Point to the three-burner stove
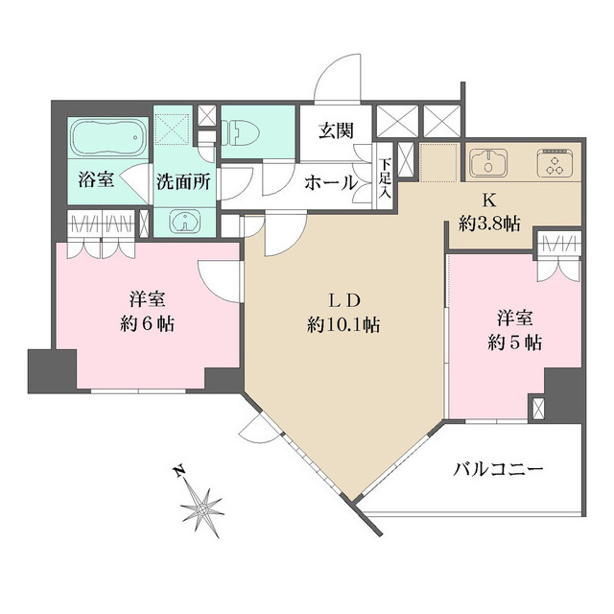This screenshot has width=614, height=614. (555, 163)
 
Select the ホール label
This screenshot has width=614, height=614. (331, 182)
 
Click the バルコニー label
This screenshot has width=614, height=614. (498, 470)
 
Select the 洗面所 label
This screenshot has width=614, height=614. (184, 179)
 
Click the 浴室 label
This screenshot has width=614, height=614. (96, 179)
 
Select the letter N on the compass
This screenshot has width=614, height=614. (177, 472)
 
